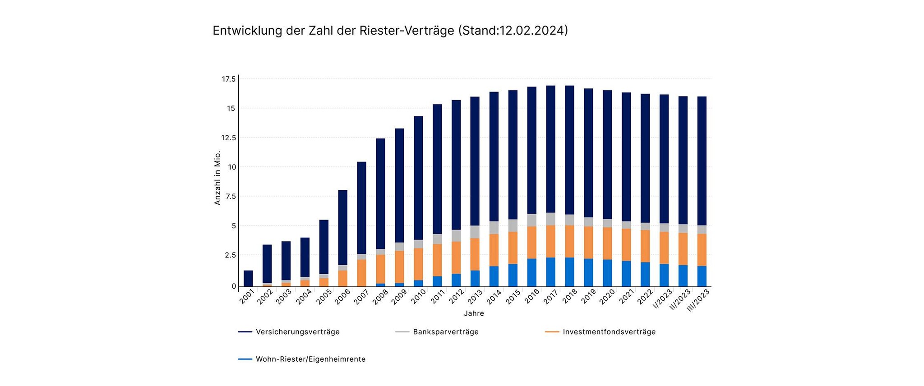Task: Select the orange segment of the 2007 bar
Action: [361, 273]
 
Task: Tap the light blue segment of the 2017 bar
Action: [550, 272]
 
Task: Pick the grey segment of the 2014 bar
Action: [494, 228]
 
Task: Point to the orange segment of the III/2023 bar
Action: [702, 250]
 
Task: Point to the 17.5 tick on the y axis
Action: [229, 79]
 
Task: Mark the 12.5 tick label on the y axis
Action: [229, 138]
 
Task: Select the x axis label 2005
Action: [324, 298]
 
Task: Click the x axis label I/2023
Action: [663, 299]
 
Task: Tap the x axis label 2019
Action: [588, 298]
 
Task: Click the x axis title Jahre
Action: [474, 313]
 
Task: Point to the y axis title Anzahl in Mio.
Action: [217, 178]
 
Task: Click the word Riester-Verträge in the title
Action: [407, 31]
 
